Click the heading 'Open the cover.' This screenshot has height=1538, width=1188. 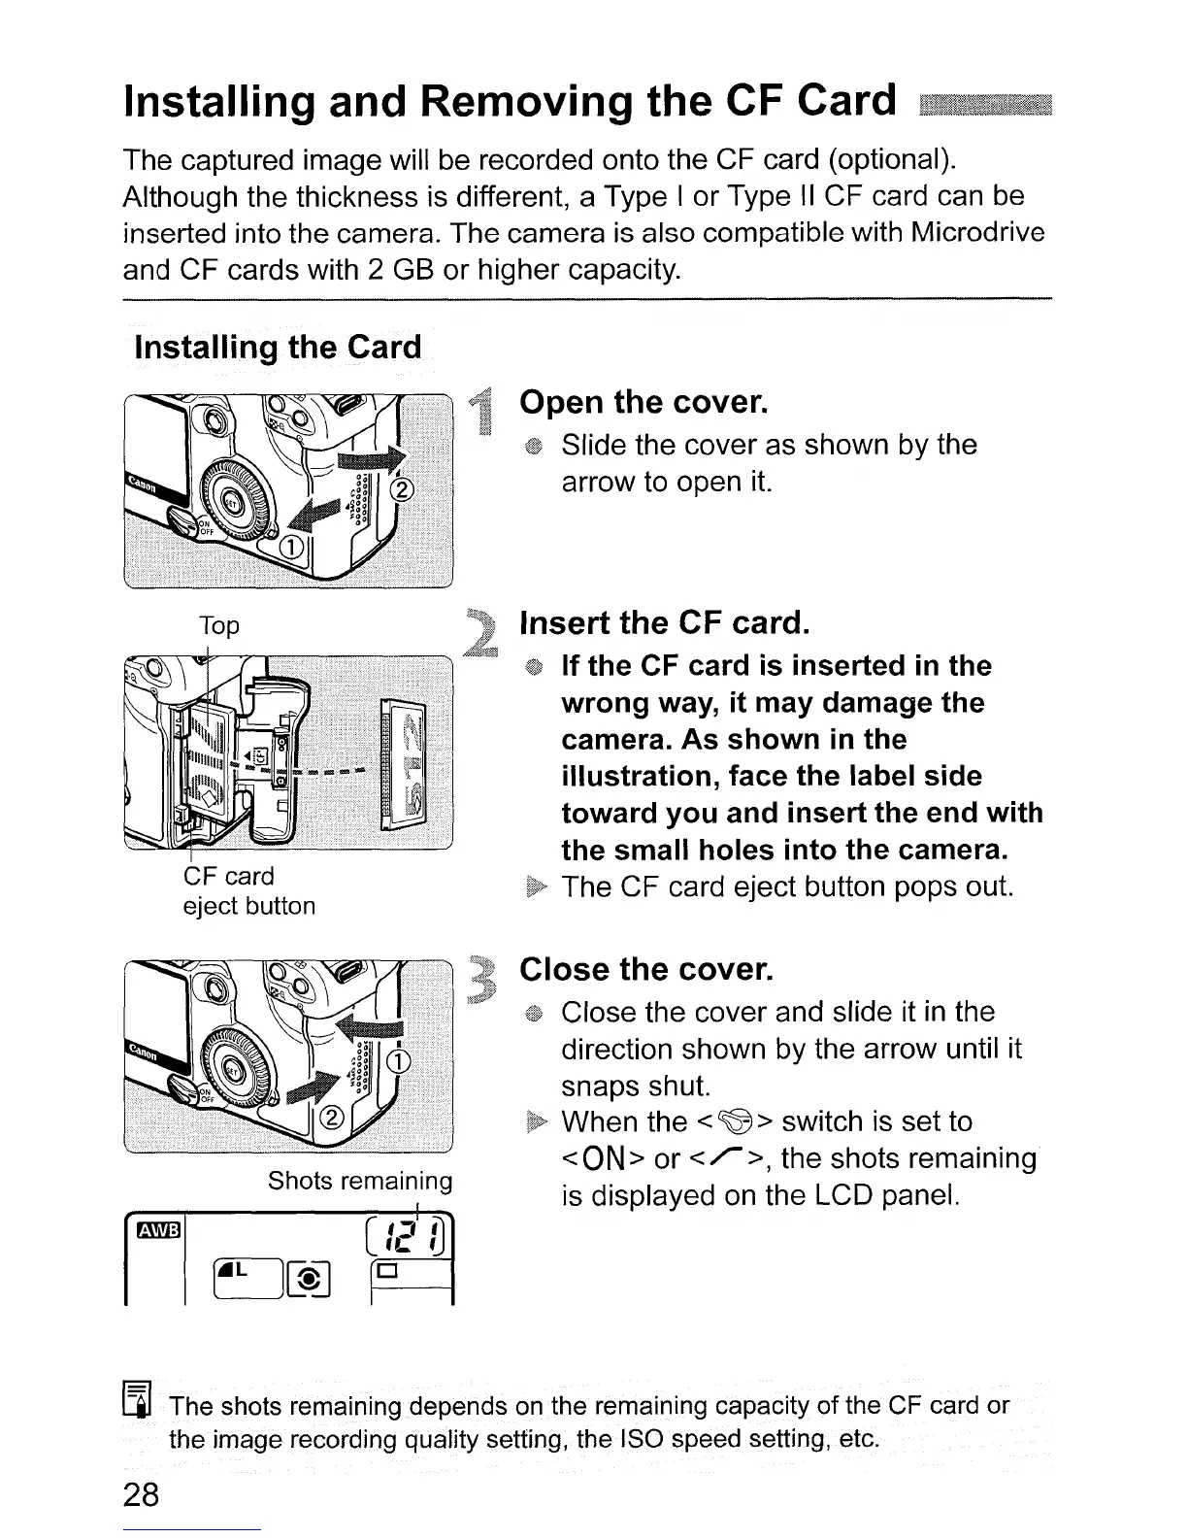pos(643,402)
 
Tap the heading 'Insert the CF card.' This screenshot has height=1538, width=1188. pos(665,622)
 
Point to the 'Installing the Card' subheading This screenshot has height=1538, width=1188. pos(278,347)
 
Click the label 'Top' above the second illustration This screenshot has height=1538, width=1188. pos(218,625)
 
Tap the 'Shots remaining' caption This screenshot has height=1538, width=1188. pos(360,1181)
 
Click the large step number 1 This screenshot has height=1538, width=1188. pos(482,411)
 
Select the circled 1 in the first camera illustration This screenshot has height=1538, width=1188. pos(287,549)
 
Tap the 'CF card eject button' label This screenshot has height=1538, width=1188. pos(248,891)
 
